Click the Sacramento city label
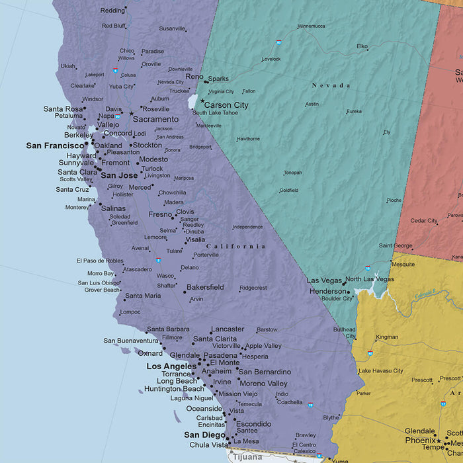pyautogui.click(x=155, y=119)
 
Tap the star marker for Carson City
pyautogui.click(x=202, y=101)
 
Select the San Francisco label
pyautogui.click(x=56, y=145)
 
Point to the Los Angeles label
pyautogui.click(x=171, y=366)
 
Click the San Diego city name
pyautogui.click(x=204, y=435)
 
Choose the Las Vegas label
pyautogui.click(x=324, y=280)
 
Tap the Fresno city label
pyautogui.click(x=160, y=214)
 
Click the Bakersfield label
pyautogui.click(x=205, y=287)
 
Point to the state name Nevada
pyautogui.click(x=331, y=85)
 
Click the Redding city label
pyautogui.click(x=112, y=11)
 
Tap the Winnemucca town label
pyautogui.click(x=311, y=26)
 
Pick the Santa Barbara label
pyautogui.click(x=168, y=329)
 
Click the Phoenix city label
pyautogui.click(x=420, y=440)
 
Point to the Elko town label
pyautogui.click(x=362, y=46)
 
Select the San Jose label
pyautogui.click(x=119, y=175)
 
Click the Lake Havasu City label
pyautogui.click(x=380, y=371)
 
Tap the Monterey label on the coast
pyautogui.click(x=77, y=207)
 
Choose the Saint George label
pyautogui.click(x=395, y=245)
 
